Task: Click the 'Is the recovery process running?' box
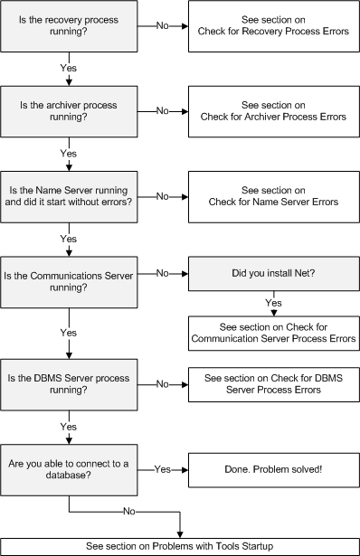(x=69, y=26)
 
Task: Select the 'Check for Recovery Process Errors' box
(x=273, y=26)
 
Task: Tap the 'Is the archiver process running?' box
(x=69, y=111)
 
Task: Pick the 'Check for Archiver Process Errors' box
(x=273, y=111)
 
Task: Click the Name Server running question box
(x=69, y=197)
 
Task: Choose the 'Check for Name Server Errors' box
(x=273, y=197)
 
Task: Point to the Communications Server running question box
(x=69, y=282)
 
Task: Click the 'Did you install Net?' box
(x=273, y=274)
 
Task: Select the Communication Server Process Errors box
(x=273, y=334)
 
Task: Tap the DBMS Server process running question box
(x=69, y=385)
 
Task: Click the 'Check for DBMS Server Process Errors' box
(x=273, y=385)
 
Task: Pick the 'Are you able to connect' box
(x=69, y=470)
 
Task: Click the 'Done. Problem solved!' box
(x=273, y=470)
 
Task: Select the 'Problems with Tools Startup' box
(x=180, y=547)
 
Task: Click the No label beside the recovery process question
(x=163, y=26)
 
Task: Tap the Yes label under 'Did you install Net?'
(x=273, y=303)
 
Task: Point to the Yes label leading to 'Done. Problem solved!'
(x=163, y=469)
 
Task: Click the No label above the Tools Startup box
(x=129, y=512)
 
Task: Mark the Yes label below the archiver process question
(x=69, y=153)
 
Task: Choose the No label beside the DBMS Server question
(x=163, y=384)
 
